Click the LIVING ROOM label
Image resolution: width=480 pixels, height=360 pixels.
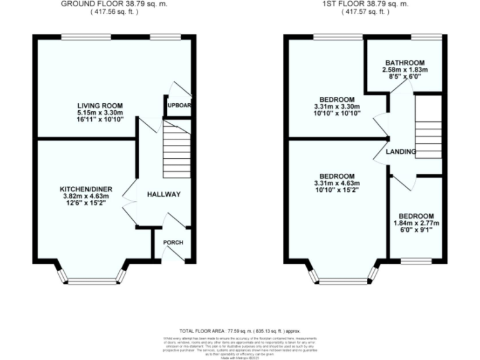[100, 105]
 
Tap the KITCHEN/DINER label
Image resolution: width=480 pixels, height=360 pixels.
[86, 189]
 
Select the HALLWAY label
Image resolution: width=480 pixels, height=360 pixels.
[164, 194]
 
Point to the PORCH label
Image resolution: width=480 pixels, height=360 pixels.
[172, 242]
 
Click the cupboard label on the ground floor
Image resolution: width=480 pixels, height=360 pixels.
[178, 106]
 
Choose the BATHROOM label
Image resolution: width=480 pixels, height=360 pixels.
[404, 62]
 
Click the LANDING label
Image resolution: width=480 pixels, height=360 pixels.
[401, 152]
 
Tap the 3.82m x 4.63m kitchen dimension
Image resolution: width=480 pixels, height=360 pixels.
[86, 197]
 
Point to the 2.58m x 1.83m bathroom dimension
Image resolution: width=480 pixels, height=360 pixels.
[404, 70]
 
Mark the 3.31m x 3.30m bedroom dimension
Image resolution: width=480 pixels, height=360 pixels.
[337, 107]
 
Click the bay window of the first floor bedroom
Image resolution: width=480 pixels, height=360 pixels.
[342, 277]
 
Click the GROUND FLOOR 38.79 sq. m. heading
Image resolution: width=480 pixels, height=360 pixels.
[114, 4]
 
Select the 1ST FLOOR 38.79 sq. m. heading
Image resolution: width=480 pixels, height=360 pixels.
[366, 4]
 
